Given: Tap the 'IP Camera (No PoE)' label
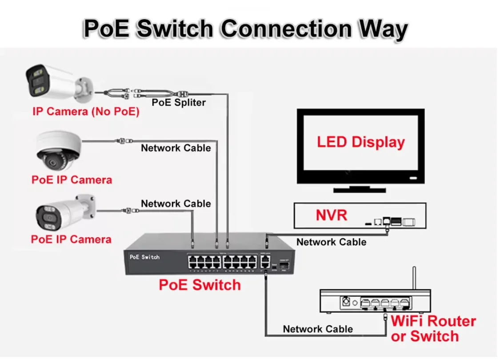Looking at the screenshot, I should pyautogui.click(x=86, y=112).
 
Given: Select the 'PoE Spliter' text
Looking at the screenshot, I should pyautogui.click(x=179, y=102).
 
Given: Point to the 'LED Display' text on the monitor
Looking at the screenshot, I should pyautogui.click(x=360, y=142).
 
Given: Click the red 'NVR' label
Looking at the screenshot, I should pyautogui.click(x=331, y=216).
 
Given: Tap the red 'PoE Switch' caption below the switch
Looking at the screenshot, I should pyautogui.click(x=200, y=284).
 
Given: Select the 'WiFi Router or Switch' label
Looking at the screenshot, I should pyautogui.click(x=433, y=328).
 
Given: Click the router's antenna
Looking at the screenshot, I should pyautogui.click(x=414, y=278).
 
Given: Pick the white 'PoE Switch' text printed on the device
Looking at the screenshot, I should pyautogui.click(x=144, y=257).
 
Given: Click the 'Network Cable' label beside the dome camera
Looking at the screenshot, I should pyautogui.click(x=176, y=148).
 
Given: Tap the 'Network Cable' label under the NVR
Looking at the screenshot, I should pyautogui.click(x=331, y=242).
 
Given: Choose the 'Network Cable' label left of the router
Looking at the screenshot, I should pyautogui.click(x=318, y=329).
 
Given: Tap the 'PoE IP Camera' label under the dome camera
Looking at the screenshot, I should pyautogui.click(x=72, y=180).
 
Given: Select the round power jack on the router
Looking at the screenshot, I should pyautogui.click(x=345, y=303).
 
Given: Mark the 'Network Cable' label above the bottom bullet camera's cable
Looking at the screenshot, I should pyautogui.click(x=176, y=204).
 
